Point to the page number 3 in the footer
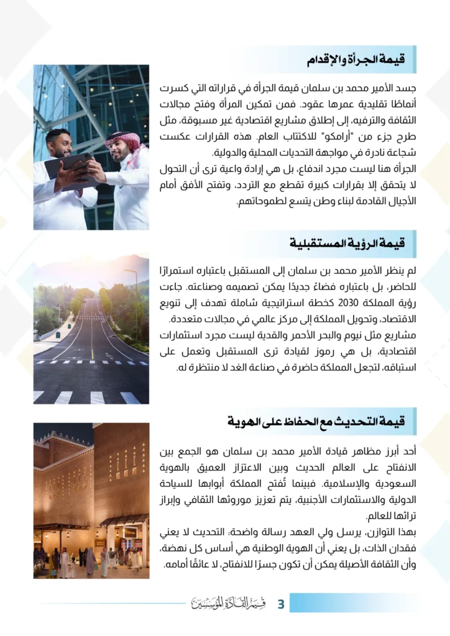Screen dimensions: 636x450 pyautogui.click(x=280, y=603)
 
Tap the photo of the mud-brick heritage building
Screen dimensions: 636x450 pyautogui.click(x=91, y=500)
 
